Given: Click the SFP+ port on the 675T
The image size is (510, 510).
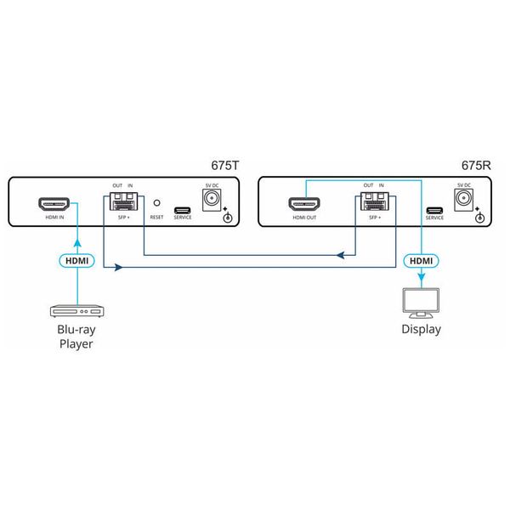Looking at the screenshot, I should point(125,203).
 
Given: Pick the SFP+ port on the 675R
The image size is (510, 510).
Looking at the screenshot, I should point(373,203).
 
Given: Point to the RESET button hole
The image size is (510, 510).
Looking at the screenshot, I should point(156,204).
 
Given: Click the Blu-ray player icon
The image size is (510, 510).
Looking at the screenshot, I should point(76,312).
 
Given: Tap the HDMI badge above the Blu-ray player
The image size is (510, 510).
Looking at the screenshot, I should point(76,260).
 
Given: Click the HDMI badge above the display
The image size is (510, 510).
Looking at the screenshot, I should point(421,260).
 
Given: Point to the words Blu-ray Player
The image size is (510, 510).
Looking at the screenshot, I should point(76,337).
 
